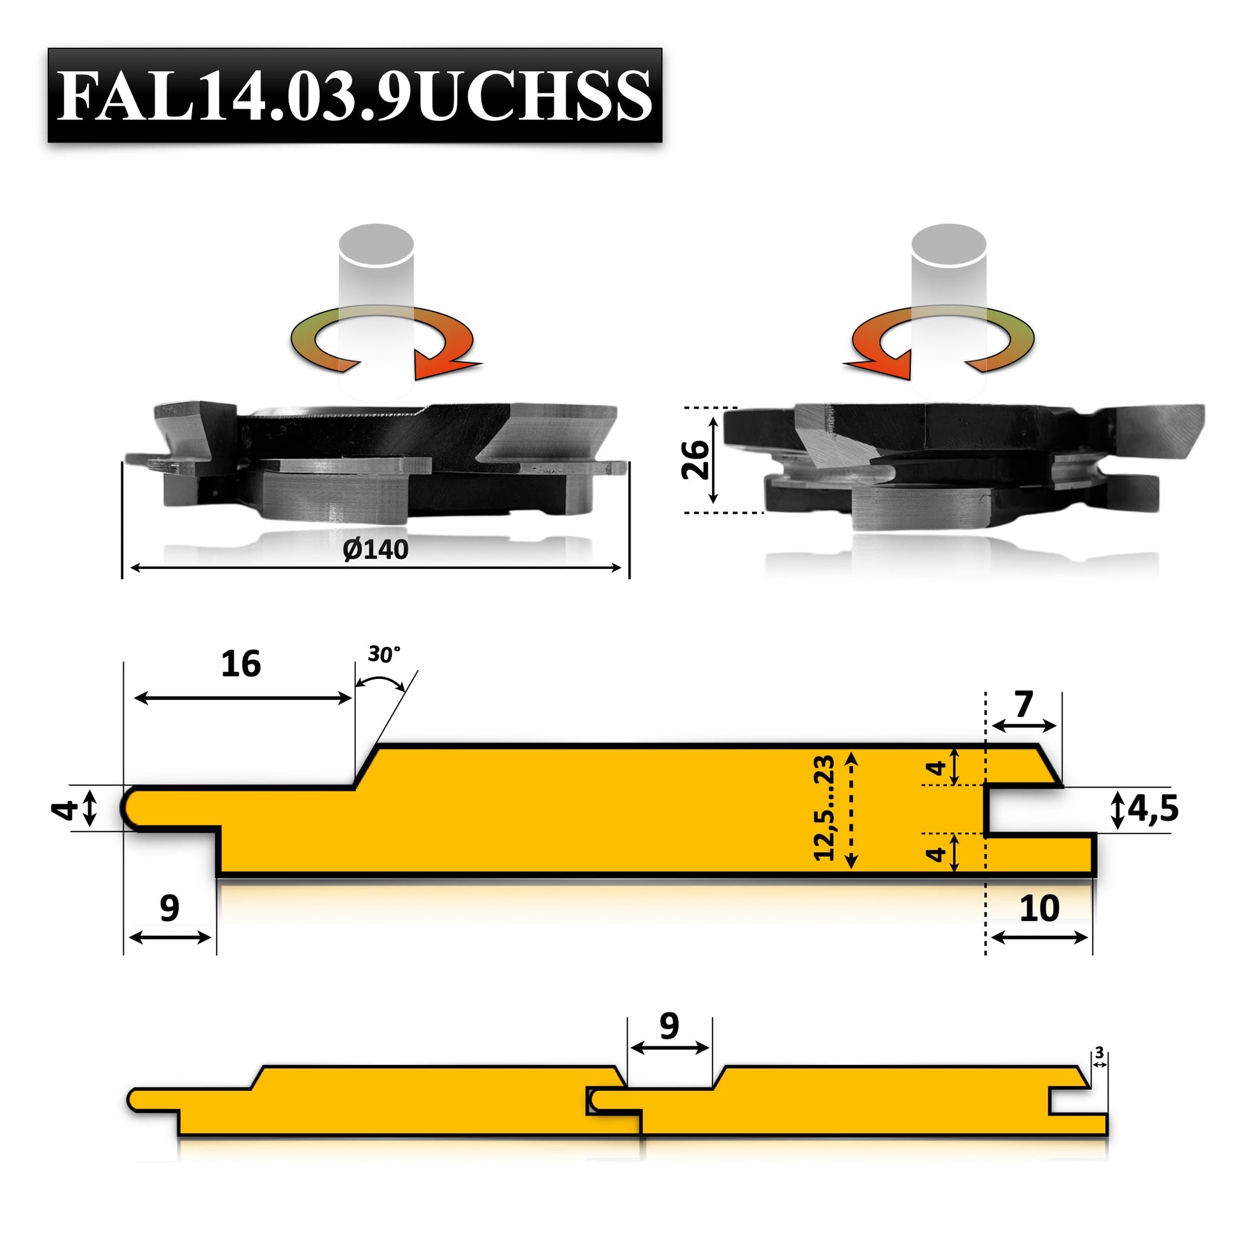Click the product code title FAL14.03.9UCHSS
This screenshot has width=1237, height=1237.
click(355, 95)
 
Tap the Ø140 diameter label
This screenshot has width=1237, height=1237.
click(375, 549)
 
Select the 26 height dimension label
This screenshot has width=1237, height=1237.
click(696, 460)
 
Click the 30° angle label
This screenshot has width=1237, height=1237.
click(383, 654)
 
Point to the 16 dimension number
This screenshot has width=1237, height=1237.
click(241, 664)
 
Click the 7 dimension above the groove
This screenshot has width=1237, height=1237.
click(1023, 705)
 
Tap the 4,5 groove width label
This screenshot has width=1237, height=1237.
click(1152, 809)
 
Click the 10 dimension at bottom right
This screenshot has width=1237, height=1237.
click(1039, 908)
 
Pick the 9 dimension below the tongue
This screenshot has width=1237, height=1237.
click(169, 908)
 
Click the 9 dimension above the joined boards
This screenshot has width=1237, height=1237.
click(669, 1027)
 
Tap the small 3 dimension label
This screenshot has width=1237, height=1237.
click(1099, 1053)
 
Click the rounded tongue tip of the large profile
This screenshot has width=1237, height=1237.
click(132, 808)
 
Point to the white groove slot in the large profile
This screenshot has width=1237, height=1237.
click(1025, 810)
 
